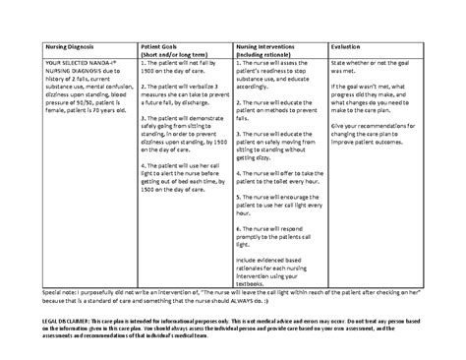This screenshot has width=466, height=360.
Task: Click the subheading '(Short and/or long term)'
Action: [178, 55]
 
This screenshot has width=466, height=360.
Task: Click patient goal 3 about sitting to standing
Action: [181, 142]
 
